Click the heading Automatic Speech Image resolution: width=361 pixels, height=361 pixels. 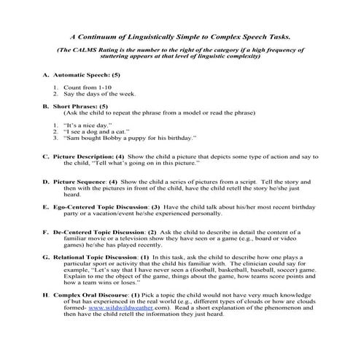pos(80,76)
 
